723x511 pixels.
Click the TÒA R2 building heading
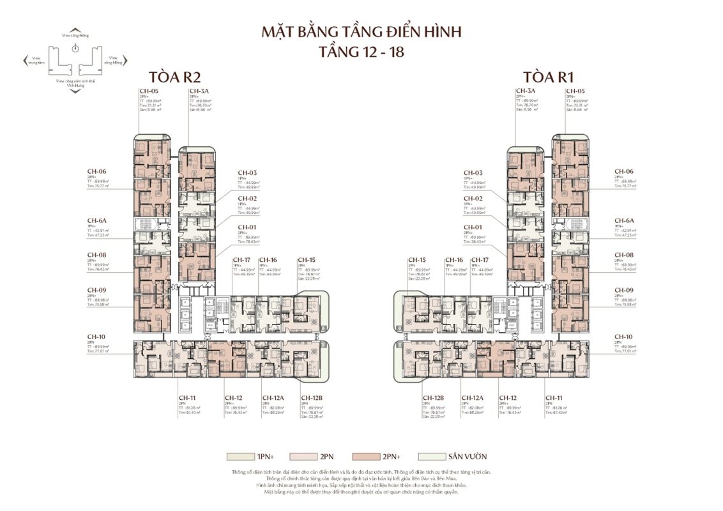[x=174, y=77]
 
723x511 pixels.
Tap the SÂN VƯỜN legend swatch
[x=429, y=457]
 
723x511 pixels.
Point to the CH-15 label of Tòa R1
[x=417, y=260]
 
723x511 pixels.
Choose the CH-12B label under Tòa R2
[x=312, y=397]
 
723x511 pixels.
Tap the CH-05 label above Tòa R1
[x=575, y=91]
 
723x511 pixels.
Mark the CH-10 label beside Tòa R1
[x=623, y=337]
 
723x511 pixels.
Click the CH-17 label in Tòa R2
[x=241, y=260]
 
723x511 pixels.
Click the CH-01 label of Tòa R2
[x=247, y=227]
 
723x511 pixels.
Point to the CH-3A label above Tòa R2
[x=197, y=91]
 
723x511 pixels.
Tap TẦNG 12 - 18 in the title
[x=361, y=52]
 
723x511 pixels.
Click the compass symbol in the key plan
[x=75, y=48]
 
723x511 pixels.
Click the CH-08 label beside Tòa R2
[x=96, y=255]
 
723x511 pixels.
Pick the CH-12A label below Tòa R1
[x=472, y=397]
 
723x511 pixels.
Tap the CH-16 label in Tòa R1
[x=454, y=260]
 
